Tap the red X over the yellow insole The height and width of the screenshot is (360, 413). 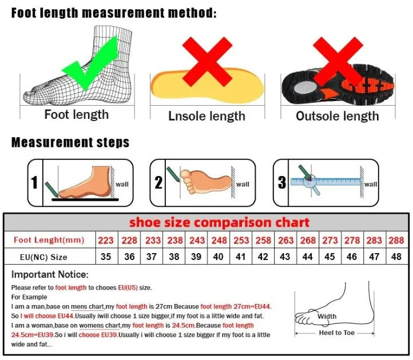tap(208, 61)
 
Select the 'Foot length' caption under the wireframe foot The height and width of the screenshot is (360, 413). tap(76, 115)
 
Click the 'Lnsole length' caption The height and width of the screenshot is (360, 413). tap(206, 116)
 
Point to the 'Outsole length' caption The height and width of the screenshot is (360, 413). tap(337, 116)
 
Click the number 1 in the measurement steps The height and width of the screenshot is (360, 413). tap(34, 183)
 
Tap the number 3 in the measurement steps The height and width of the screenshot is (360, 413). tap(281, 183)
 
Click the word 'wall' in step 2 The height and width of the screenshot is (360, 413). tap(243, 184)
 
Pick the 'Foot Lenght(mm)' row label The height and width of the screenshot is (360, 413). tap(49, 240)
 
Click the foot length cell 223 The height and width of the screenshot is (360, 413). tap(106, 240)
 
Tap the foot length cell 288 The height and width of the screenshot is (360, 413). tap(395, 240)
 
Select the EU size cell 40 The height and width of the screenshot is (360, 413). tap(218, 257)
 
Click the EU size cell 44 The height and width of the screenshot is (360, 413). tap(308, 257)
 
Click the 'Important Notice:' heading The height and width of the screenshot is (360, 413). tap(50, 275)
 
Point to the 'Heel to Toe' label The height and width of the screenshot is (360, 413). tap(337, 333)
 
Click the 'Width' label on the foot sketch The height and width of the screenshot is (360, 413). tap(327, 317)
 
